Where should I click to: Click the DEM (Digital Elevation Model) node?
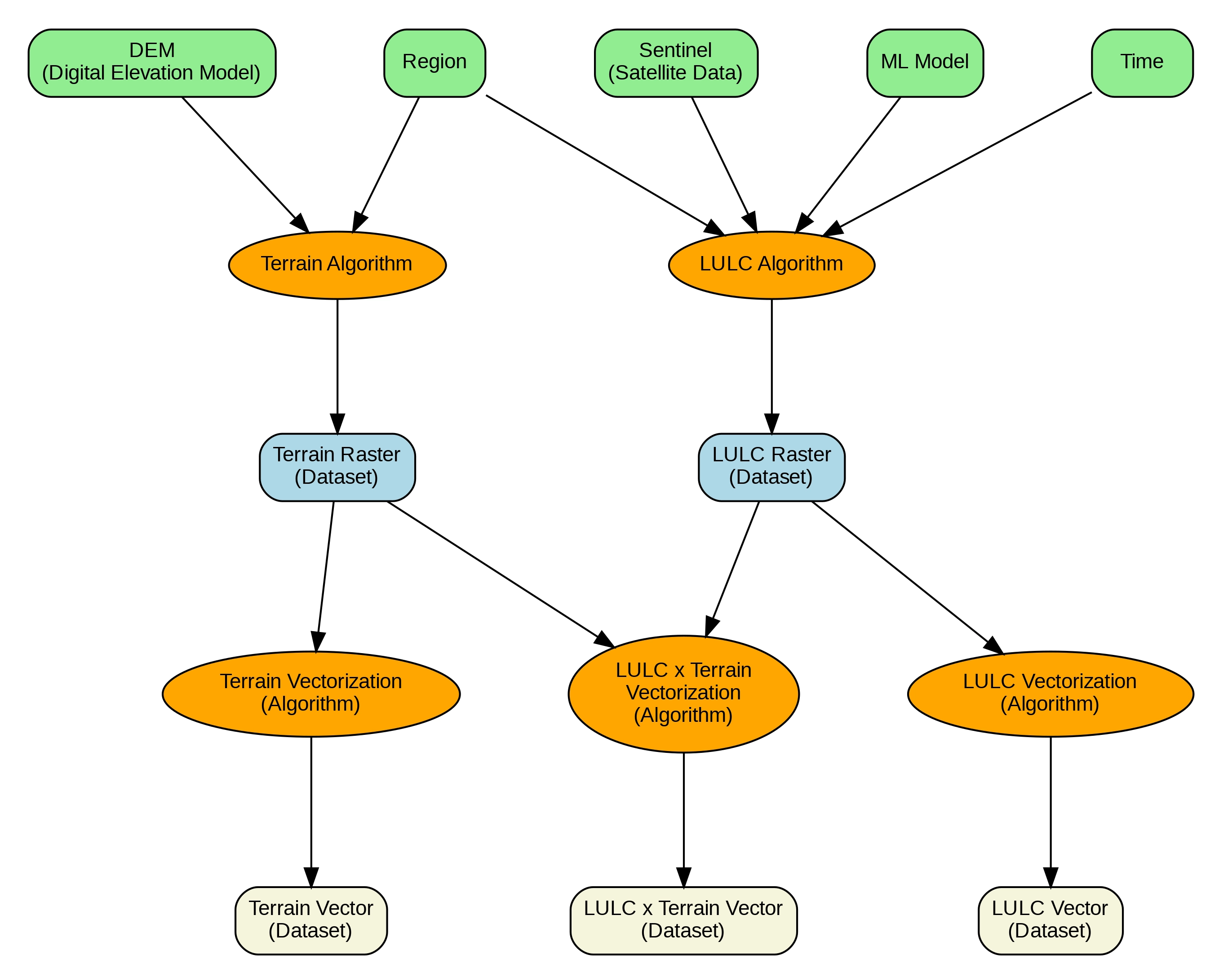(x=151, y=63)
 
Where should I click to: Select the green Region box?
(x=434, y=63)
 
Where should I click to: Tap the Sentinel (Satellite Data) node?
(x=676, y=63)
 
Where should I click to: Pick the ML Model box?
(x=924, y=63)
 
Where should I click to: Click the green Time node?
(x=1142, y=63)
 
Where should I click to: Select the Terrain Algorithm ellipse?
(x=337, y=265)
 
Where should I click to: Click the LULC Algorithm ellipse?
(x=771, y=265)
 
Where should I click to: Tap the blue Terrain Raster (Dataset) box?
(x=337, y=467)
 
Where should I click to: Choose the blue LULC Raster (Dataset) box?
(x=771, y=467)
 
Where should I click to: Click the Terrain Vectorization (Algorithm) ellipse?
(x=311, y=694)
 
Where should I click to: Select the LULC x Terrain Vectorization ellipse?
(x=683, y=694)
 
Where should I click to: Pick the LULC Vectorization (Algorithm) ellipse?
(x=1050, y=694)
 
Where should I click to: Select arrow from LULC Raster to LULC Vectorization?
(x=904, y=575)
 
